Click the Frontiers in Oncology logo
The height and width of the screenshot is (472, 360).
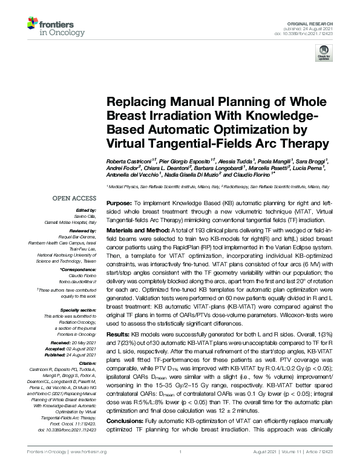49,26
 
